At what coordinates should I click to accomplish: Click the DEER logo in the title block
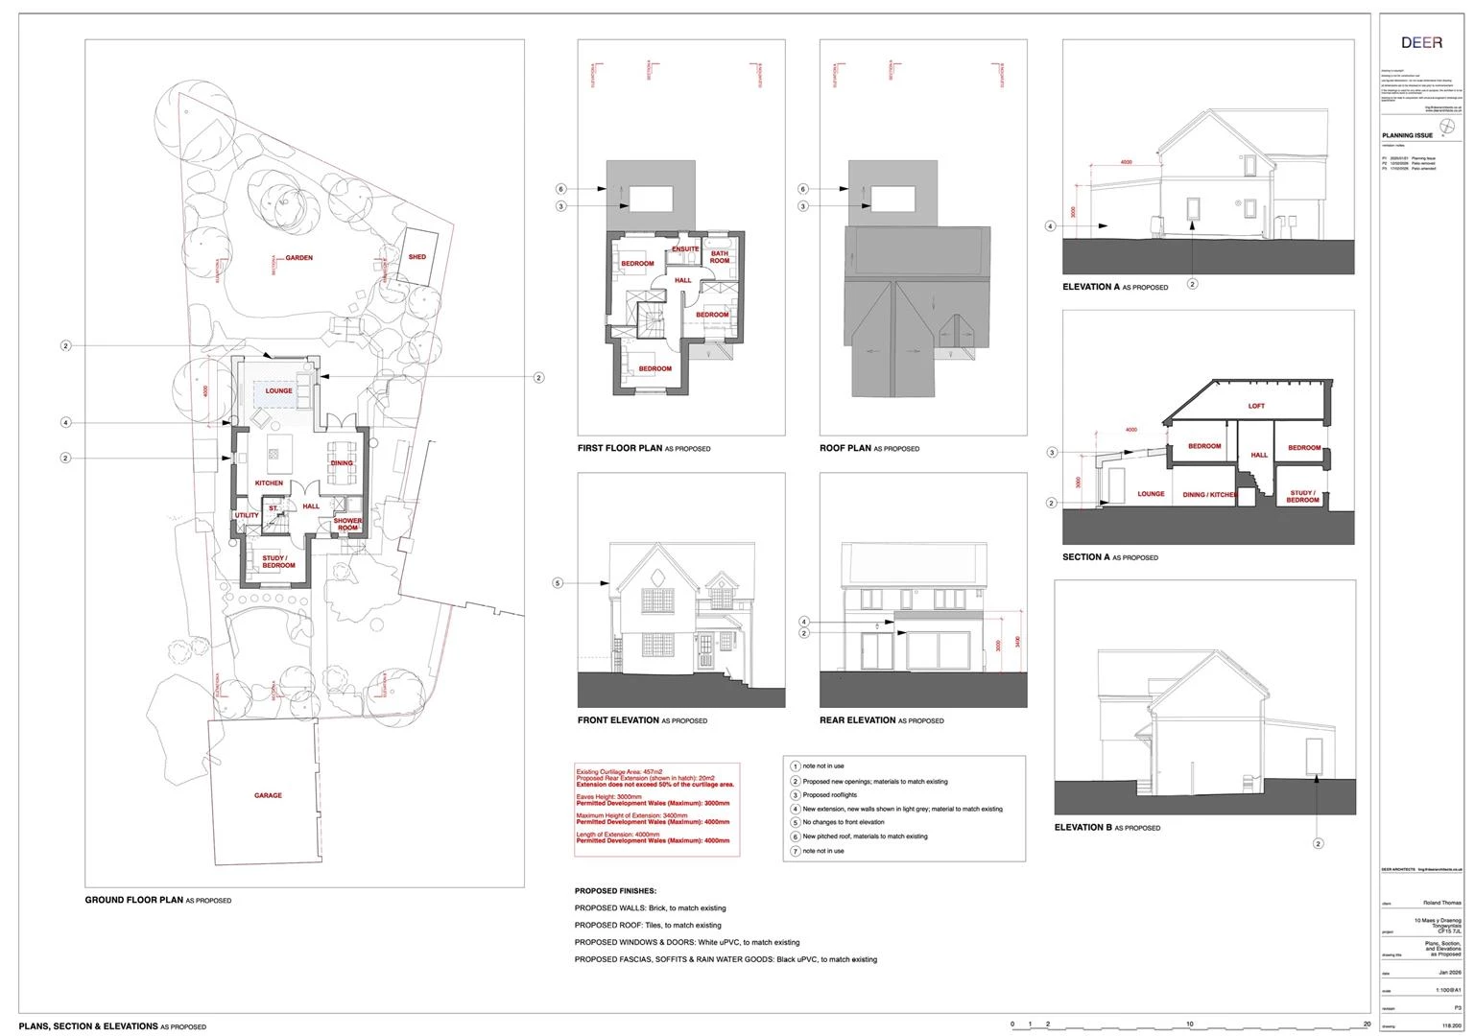(x=1421, y=43)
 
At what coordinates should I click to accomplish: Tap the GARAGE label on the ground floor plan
(x=268, y=795)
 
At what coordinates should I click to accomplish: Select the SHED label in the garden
(x=417, y=257)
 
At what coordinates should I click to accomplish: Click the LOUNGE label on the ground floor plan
(x=279, y=391)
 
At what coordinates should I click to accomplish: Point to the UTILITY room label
(x=247, y=516)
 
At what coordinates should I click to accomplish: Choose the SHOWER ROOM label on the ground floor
(x=347, y=525)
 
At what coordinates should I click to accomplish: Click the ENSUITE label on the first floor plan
(x=685, y=249)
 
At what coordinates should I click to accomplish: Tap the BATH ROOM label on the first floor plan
(x=720, y=257)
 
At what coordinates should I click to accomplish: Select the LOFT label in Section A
(x=1256, y=406)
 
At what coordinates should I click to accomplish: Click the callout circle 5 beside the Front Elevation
(x=558, y=582)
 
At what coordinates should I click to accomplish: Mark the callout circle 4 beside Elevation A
(x=1051, y=227)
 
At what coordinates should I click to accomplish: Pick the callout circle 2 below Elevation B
(x=1318, y=844)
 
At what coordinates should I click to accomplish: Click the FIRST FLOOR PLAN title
(x=620, y=448)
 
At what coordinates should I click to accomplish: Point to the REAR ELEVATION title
(x=857, y=720)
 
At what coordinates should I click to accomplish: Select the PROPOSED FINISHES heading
(x=615, y=891)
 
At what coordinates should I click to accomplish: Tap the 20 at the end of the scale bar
(x=1367, y=1024)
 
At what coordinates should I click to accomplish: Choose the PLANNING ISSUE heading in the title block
(x=1407, y=136)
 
